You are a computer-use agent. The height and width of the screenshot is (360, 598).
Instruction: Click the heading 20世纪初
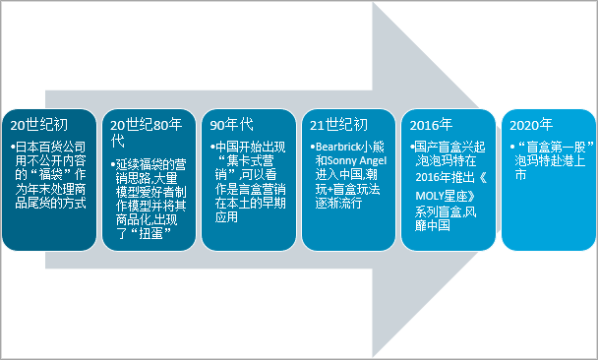[x=39, y=125]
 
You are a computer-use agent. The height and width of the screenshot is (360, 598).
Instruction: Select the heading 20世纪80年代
[x=147, y=133]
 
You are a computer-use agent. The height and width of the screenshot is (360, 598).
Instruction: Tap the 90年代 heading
[x=231, y=125]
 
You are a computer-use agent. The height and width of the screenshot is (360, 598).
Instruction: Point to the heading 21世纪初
[x=338, y=125]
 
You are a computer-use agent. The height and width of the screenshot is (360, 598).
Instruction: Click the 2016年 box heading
[x=431, y=125]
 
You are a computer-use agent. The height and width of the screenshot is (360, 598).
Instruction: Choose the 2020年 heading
[x=531, y=125]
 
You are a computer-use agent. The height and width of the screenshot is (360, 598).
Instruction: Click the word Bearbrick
[x=338, y=147]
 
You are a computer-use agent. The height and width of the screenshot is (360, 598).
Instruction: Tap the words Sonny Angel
[x=357, y=160]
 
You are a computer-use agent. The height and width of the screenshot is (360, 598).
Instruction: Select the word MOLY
[x=430, y=196]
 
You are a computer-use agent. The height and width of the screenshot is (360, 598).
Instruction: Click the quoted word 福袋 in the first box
[x=51, y=175]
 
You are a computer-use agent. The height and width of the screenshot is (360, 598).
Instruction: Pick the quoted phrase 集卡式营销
[x=243, y=167]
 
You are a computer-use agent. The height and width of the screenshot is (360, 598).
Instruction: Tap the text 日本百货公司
[x=50, y=147]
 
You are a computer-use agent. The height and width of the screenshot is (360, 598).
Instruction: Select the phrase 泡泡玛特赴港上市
[x=550, y=167]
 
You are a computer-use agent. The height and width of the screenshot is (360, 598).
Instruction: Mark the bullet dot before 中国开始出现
[x=212, y=147]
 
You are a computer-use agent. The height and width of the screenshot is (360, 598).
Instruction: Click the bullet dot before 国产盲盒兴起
[x=412, y=147]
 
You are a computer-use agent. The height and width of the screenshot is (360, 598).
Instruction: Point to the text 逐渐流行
[x=338, y=203]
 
